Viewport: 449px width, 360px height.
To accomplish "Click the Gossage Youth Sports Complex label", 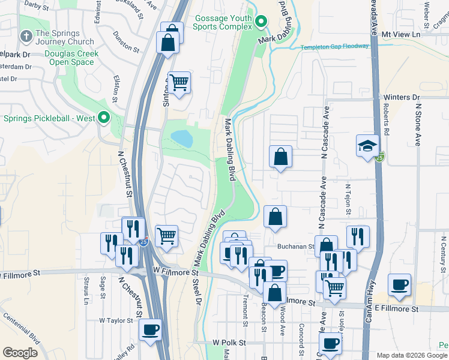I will (x=222, y=22).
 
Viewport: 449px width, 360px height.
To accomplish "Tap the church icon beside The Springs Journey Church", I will (x=26, y=37).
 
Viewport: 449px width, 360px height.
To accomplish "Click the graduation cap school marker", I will (x=367, y=146).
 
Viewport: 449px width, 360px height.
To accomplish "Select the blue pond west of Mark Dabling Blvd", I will (x=182, y=139).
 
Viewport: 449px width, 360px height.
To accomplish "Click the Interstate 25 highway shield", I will (x=144, y=242).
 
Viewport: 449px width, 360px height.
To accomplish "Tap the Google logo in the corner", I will (x=20, y=353).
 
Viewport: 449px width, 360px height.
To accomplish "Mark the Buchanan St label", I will (x=295, y=246).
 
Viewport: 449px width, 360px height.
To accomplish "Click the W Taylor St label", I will (x=116, y=320).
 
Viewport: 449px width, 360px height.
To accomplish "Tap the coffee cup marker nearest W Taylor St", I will (x=150, y=330).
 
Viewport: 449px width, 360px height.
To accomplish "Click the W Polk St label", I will (x=229, y=342).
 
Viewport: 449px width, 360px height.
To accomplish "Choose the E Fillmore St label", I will (x=397, y=308).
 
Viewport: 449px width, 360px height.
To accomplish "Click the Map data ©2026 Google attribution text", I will (x=412, y=355).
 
